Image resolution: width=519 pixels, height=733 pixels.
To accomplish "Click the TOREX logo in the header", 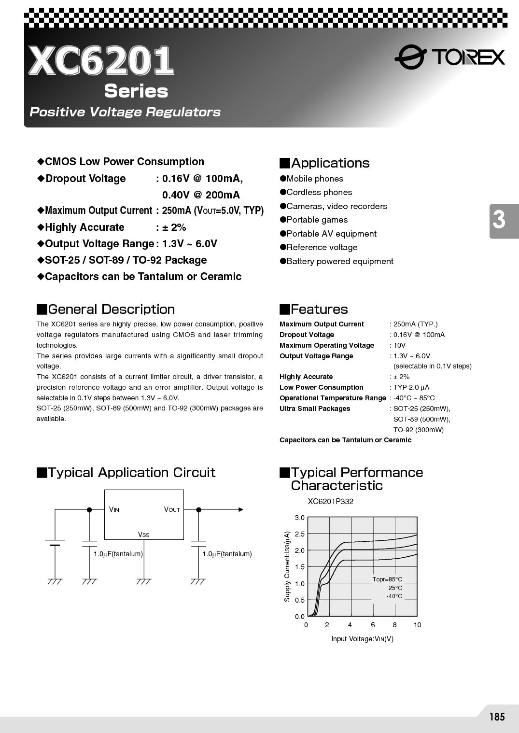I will pyautogui.click(x=449, y=57).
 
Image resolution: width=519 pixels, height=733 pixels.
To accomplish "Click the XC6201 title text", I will pyautogui.click(x=101, y=61).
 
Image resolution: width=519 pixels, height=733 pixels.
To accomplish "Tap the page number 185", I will pyautogui.click(x=496, y=717).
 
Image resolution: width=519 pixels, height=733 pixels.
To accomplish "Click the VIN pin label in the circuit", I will pyautogui.click(x=114, y=509).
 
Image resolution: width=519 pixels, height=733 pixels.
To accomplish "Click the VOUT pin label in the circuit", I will pyautogui.click(x=171, y=509).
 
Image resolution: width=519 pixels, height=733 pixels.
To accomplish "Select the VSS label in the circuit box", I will pyautogui.click(x=143, y=534).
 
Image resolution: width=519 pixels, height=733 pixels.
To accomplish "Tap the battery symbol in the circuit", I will pyautogui.click(x=55, y=542).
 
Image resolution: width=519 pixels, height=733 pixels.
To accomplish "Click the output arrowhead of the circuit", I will pyautogui.click(x=241, y=509).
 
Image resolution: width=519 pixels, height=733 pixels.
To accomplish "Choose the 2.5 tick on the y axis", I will pyautogui.click(x=300, y=534).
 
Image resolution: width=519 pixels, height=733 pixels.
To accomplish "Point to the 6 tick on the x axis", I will pyautogui.click(x=373, y=625).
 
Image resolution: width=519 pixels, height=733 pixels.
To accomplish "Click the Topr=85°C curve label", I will pyautogui.click(x=387, y=579).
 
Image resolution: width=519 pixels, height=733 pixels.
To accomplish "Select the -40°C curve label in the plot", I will pyautogui.click(x=394, y=596).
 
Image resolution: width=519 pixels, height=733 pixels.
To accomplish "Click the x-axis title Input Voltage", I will pyautogui.click(x=362, y=639).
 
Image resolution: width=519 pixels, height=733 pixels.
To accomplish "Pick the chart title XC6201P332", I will pyautogui.click(x=330, y=501).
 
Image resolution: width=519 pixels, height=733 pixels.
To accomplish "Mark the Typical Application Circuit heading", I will pyautogui.click(x=126, y=472).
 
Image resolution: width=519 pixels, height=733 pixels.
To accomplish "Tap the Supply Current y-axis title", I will pyautogui.click(x=287, y=566).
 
